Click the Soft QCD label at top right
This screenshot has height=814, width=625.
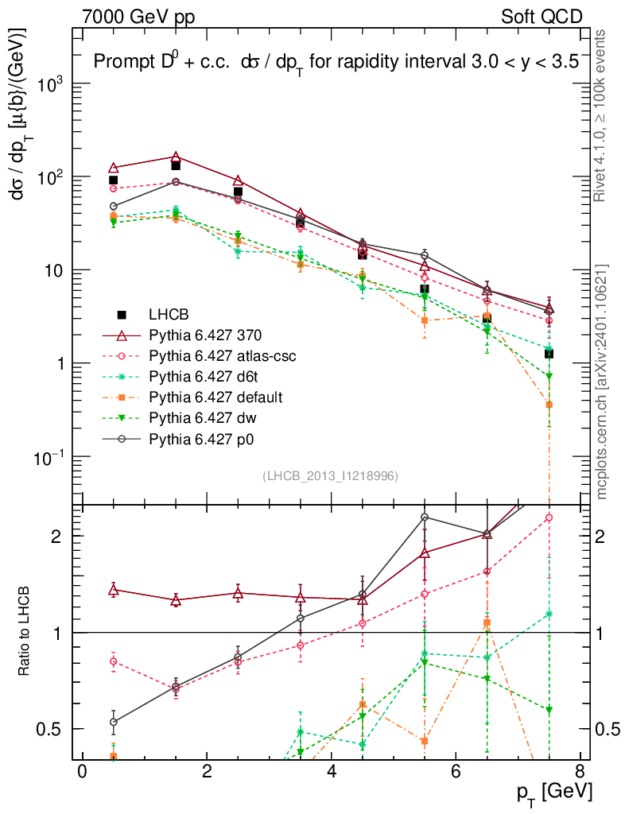[x=542, y=16]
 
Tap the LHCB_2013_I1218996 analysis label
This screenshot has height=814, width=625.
[x=330, y=475]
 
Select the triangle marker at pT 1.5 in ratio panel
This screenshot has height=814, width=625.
[x=176, y=600]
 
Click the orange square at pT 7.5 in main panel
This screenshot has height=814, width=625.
[x=549, y=405]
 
